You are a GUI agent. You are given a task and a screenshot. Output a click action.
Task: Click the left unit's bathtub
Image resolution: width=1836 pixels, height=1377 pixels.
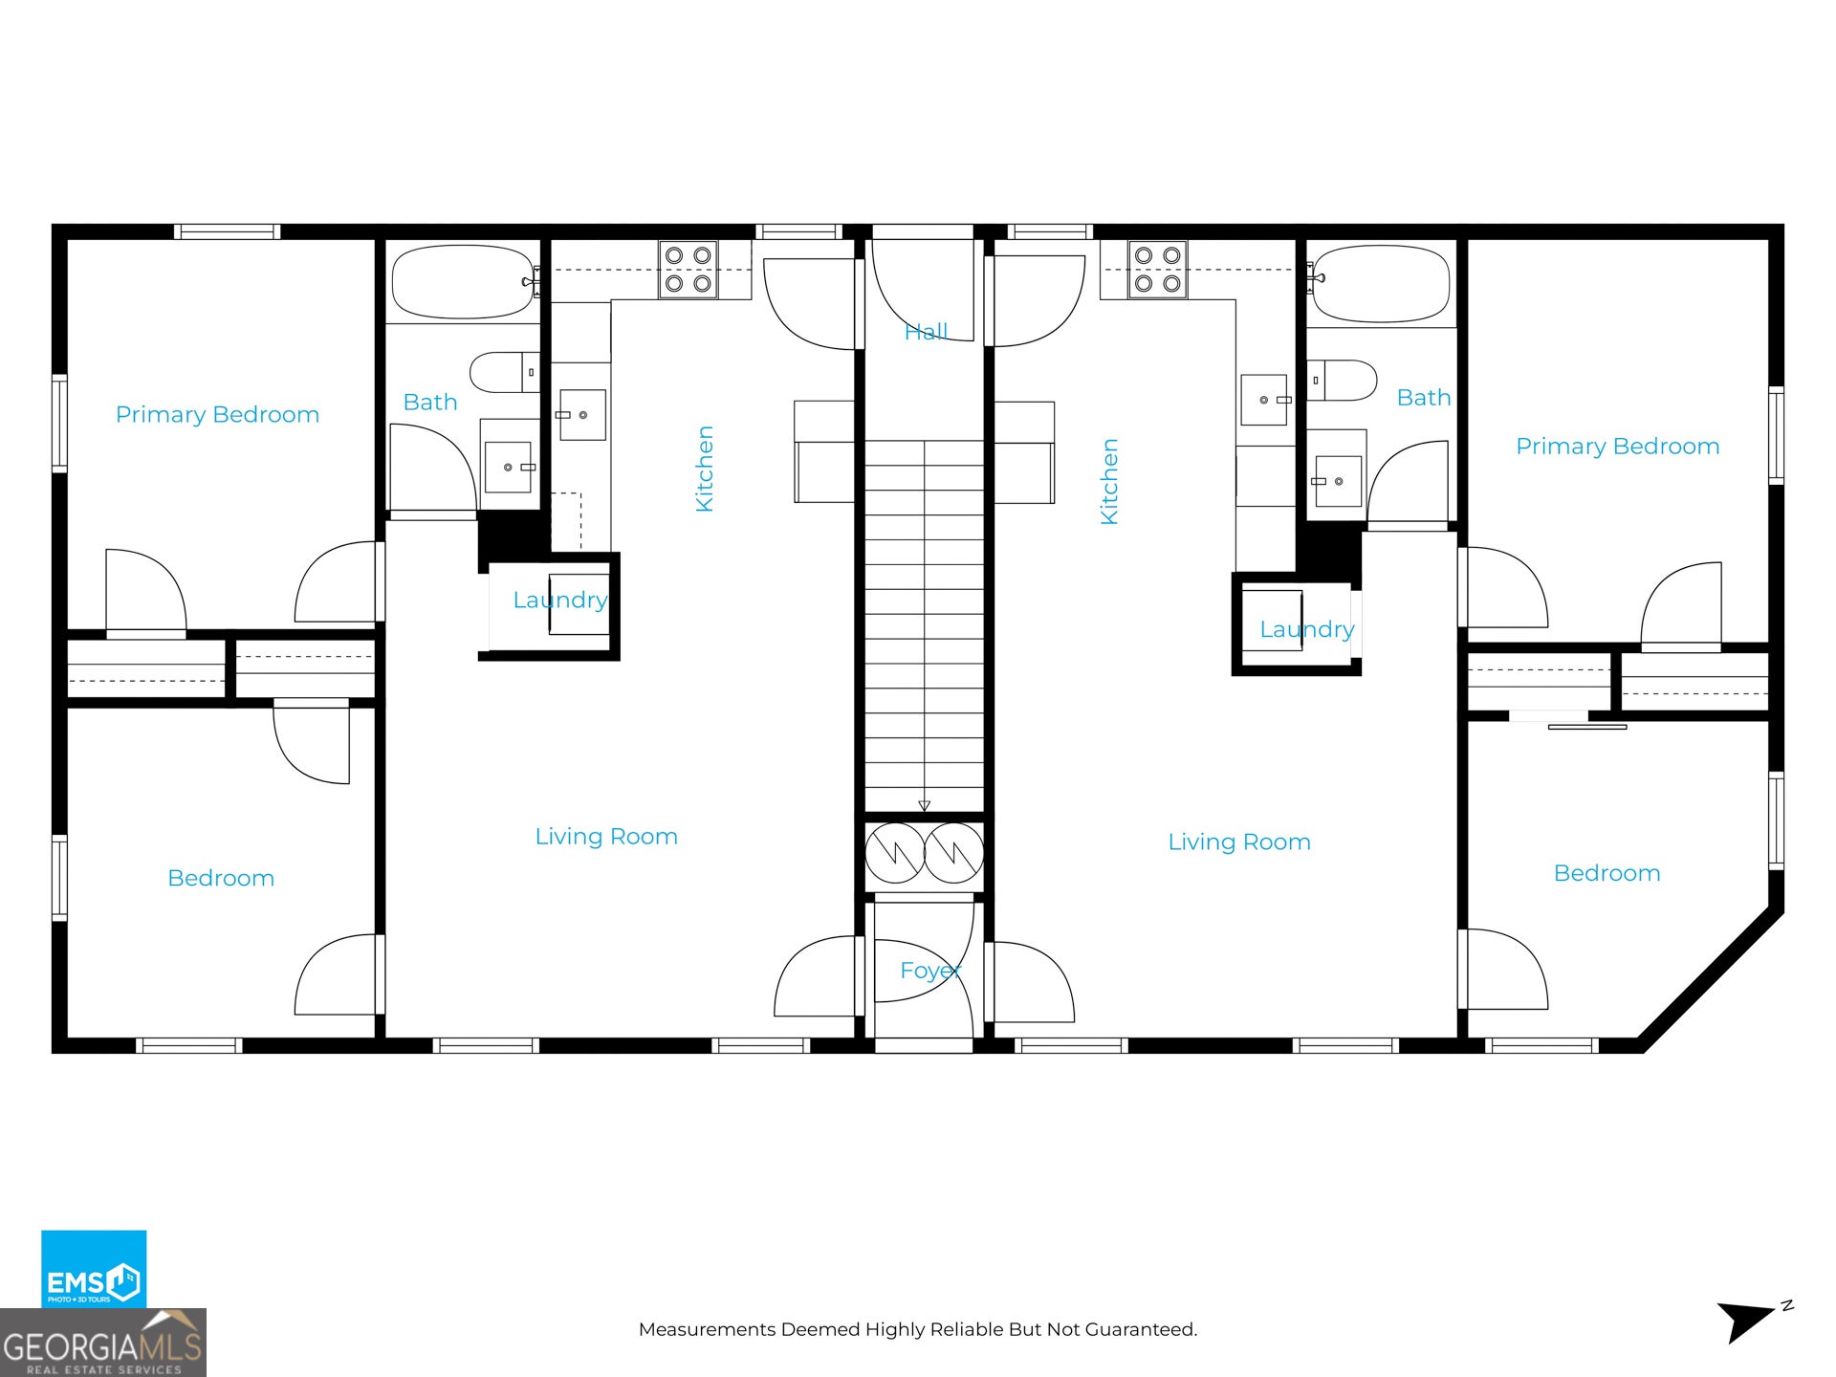tap(463, 282)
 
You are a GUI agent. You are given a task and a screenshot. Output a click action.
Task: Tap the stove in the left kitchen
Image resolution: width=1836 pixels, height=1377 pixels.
tap(688, 270)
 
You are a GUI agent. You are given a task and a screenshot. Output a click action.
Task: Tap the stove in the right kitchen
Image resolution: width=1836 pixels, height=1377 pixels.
tap(1157, 270)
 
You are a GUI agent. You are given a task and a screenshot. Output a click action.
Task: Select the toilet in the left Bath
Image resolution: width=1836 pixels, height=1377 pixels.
tap(505, 372)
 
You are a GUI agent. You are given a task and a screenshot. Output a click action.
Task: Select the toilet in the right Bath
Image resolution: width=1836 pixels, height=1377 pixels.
tap(1342, 381)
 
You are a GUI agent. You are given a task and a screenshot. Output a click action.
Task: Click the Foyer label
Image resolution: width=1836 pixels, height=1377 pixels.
tap(929, 971)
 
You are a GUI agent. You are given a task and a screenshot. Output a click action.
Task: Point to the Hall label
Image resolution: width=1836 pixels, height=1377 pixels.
tap(926, 332)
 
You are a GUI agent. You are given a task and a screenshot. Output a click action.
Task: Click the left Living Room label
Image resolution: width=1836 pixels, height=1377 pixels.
tap(606, 837)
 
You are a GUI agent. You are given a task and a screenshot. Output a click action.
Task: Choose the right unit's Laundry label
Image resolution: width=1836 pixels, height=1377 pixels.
tap(1307, 629)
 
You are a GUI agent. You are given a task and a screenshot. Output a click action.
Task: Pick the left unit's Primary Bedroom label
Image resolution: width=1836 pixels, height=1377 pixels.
tap(217, 414)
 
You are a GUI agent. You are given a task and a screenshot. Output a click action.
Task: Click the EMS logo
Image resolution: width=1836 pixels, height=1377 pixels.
tap(94, 1269)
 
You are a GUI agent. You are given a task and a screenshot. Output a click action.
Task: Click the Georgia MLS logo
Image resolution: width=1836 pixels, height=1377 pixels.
tap(103, 1343)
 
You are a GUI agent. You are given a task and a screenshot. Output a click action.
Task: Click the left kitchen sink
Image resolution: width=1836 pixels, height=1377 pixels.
tap(582, 415)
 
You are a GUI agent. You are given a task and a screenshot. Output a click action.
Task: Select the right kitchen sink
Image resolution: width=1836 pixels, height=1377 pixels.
tap(1264, 400)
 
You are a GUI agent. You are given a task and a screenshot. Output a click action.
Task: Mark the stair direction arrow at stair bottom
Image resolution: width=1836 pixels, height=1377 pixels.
tap(924, 805)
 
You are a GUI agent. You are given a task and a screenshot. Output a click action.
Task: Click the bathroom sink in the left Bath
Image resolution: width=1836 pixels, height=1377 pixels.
tap(508, 467)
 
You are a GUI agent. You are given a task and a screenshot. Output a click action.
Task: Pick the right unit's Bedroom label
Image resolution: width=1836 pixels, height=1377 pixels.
tap(1606, 873)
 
